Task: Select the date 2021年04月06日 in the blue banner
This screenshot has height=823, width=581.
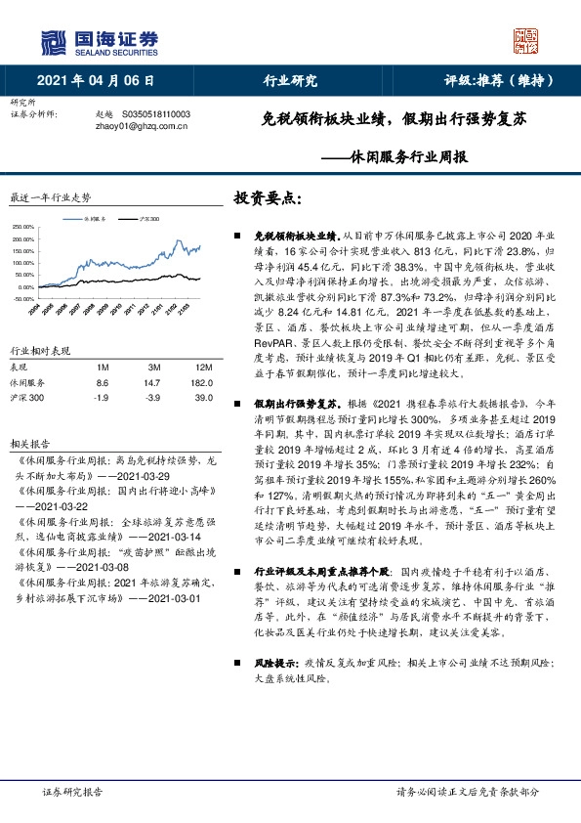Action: (96, 81)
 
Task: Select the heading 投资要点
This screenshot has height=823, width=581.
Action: (268, 197)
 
